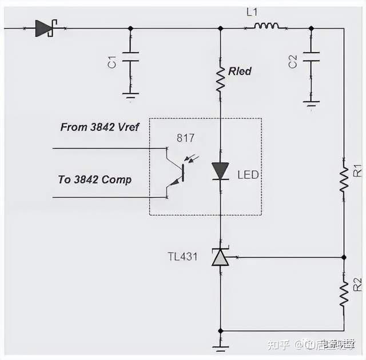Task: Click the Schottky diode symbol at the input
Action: click(x=43, y=28)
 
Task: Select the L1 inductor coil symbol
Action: click(x=266, y=25)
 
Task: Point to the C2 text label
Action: click(x=292, y=62)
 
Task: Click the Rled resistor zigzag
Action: click(x=220, y=79)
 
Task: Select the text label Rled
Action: click(x=240, y=71)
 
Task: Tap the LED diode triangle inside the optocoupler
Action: click(x=220, y=170)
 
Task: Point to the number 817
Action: click(x=185, y=138)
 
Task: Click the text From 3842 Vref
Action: click(x=100, y=127)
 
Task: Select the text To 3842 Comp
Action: click(x=94, y=179)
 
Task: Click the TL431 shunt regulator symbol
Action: click(x=220, y=258)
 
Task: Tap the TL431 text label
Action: click(x=183, y=257)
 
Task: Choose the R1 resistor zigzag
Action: click(x=344, y=179)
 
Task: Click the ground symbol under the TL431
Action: click(x=220, y=346)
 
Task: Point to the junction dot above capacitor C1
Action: click(x=131, y=28)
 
